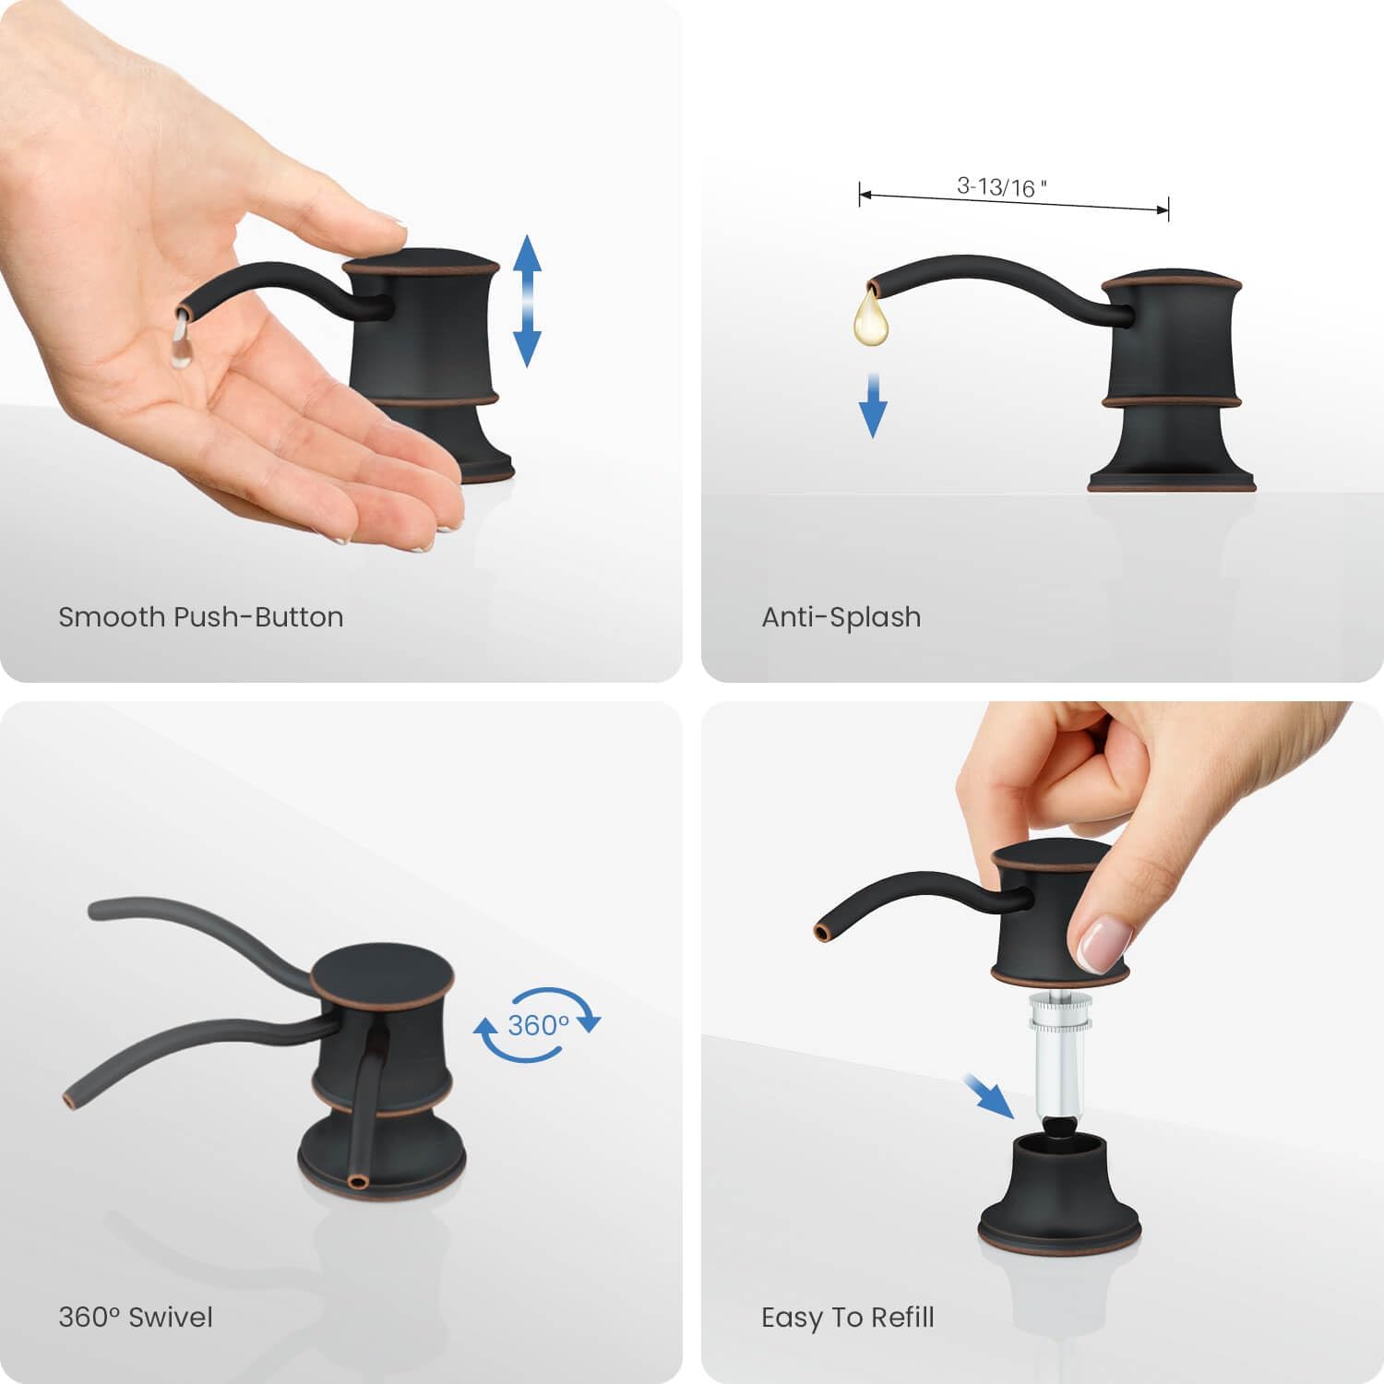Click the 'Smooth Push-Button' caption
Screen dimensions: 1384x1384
coord(201,616)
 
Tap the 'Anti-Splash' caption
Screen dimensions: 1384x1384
coord(841,616)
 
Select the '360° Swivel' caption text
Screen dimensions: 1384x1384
coord(136,1317)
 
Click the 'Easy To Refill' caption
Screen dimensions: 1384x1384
coord(848,1318)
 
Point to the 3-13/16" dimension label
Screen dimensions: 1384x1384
coord(1002,187)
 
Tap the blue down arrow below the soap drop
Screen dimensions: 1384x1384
coord(873,405)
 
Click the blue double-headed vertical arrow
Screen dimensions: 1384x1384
coord(527,301)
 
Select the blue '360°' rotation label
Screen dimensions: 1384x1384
coord(539,1025)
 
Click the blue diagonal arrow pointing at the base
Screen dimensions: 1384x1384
coord(988,1095)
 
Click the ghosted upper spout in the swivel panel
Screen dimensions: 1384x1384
coord(198,932)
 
